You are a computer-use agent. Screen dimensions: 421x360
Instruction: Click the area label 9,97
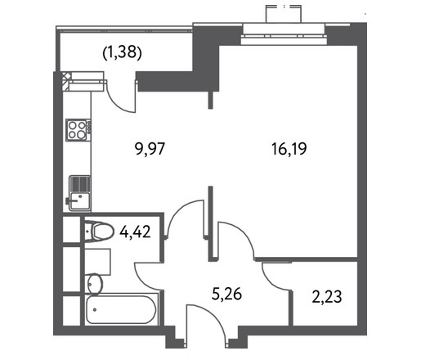(x=150, y=149)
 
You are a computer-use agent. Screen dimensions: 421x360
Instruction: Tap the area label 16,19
(x=289, y=149)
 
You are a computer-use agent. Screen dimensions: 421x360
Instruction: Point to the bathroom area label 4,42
(x=135, y=232)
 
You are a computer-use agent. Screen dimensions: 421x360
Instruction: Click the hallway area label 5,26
(x=226, y=295)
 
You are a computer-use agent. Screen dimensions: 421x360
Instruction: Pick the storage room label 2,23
(x=327, y=297)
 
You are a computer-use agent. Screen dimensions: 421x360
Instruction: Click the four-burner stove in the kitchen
(x=78, y=130)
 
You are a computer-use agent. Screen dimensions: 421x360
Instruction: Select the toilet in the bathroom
(x=99, y=232)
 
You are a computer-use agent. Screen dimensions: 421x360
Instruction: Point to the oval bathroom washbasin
(x=95, y=284)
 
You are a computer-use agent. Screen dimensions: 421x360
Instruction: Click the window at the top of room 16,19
(x=284, y=34)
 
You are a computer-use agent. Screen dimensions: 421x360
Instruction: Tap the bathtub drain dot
(x=95, y=310)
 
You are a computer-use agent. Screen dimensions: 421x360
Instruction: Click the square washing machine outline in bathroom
(x=97, y=262)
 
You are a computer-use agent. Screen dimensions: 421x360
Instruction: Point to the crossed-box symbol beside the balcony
(x=66, y=81)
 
